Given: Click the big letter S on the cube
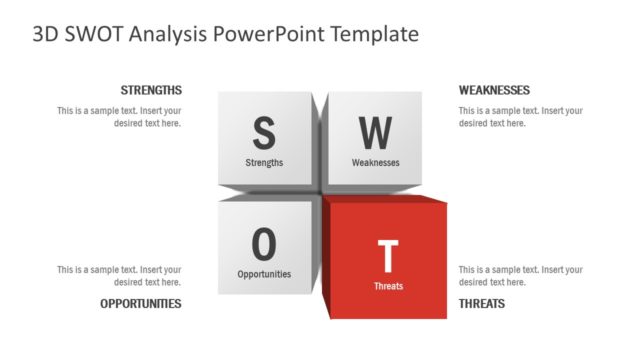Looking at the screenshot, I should coord(264,131).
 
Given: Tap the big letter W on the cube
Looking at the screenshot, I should coord(376,131).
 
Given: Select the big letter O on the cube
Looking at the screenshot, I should coord(264,242).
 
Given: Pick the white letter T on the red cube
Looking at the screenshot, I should coord(388,257).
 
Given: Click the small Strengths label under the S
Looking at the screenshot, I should coord(264,162).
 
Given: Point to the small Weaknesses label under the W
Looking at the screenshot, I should coord(376,162).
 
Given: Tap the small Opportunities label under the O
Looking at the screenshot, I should coord(264,273).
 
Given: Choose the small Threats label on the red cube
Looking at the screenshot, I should coord(389,286).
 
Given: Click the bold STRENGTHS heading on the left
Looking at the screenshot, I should coord(151,90).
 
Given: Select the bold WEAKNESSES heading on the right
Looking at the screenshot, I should coord(494,90).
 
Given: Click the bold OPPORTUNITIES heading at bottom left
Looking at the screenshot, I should coord(141,303).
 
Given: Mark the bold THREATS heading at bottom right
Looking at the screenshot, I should coord(482,303).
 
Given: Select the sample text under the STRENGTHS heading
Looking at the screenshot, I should coord(119,117).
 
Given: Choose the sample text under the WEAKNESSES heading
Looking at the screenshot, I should coord(520,117).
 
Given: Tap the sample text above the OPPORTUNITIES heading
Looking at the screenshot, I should coord(119,275).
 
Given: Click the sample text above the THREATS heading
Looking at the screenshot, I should coord(520,275).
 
